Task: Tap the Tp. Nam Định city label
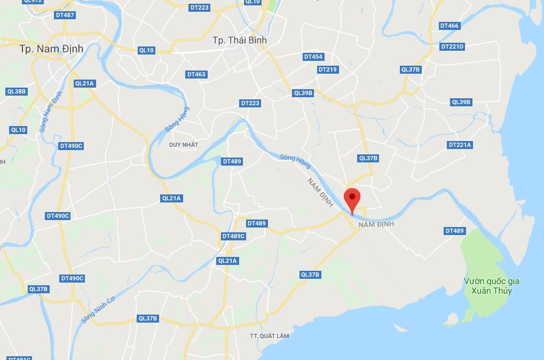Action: pyautogui.click(x=51, y=49)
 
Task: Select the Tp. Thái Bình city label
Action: pyautogui.click(x=239, y=40)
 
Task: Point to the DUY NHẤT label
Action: pyautogui.click(x=183, y=145)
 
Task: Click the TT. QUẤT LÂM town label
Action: pyautogui.click(x=269, y=336)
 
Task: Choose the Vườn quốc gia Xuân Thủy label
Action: pyautogui.click(x=492, y=286)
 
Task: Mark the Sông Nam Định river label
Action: pyautogui.click(x=51, y=112)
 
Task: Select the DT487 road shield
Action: pyautogui.click(x=65, y=15)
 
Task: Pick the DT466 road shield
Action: pyautogui.click(x=449, y=26)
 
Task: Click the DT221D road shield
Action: pyautogui.click(x=453, y=46)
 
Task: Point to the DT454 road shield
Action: pyautogui.click(x=313, y=57)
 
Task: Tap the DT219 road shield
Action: pyautogui.click(x=327, y=69)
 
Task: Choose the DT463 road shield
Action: pyautogui.click(x=196, y=74)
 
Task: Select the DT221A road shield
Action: pyautogui.click(x=460, y=145)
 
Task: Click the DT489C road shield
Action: pyautogui.click(x=233, y=236)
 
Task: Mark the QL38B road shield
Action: pyautogui.click(x=17, y=91)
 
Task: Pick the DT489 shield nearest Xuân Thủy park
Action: pyautogui.click(x=454, y=231)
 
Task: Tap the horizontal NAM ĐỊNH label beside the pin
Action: pyautogui.click(x=376, y=224)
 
